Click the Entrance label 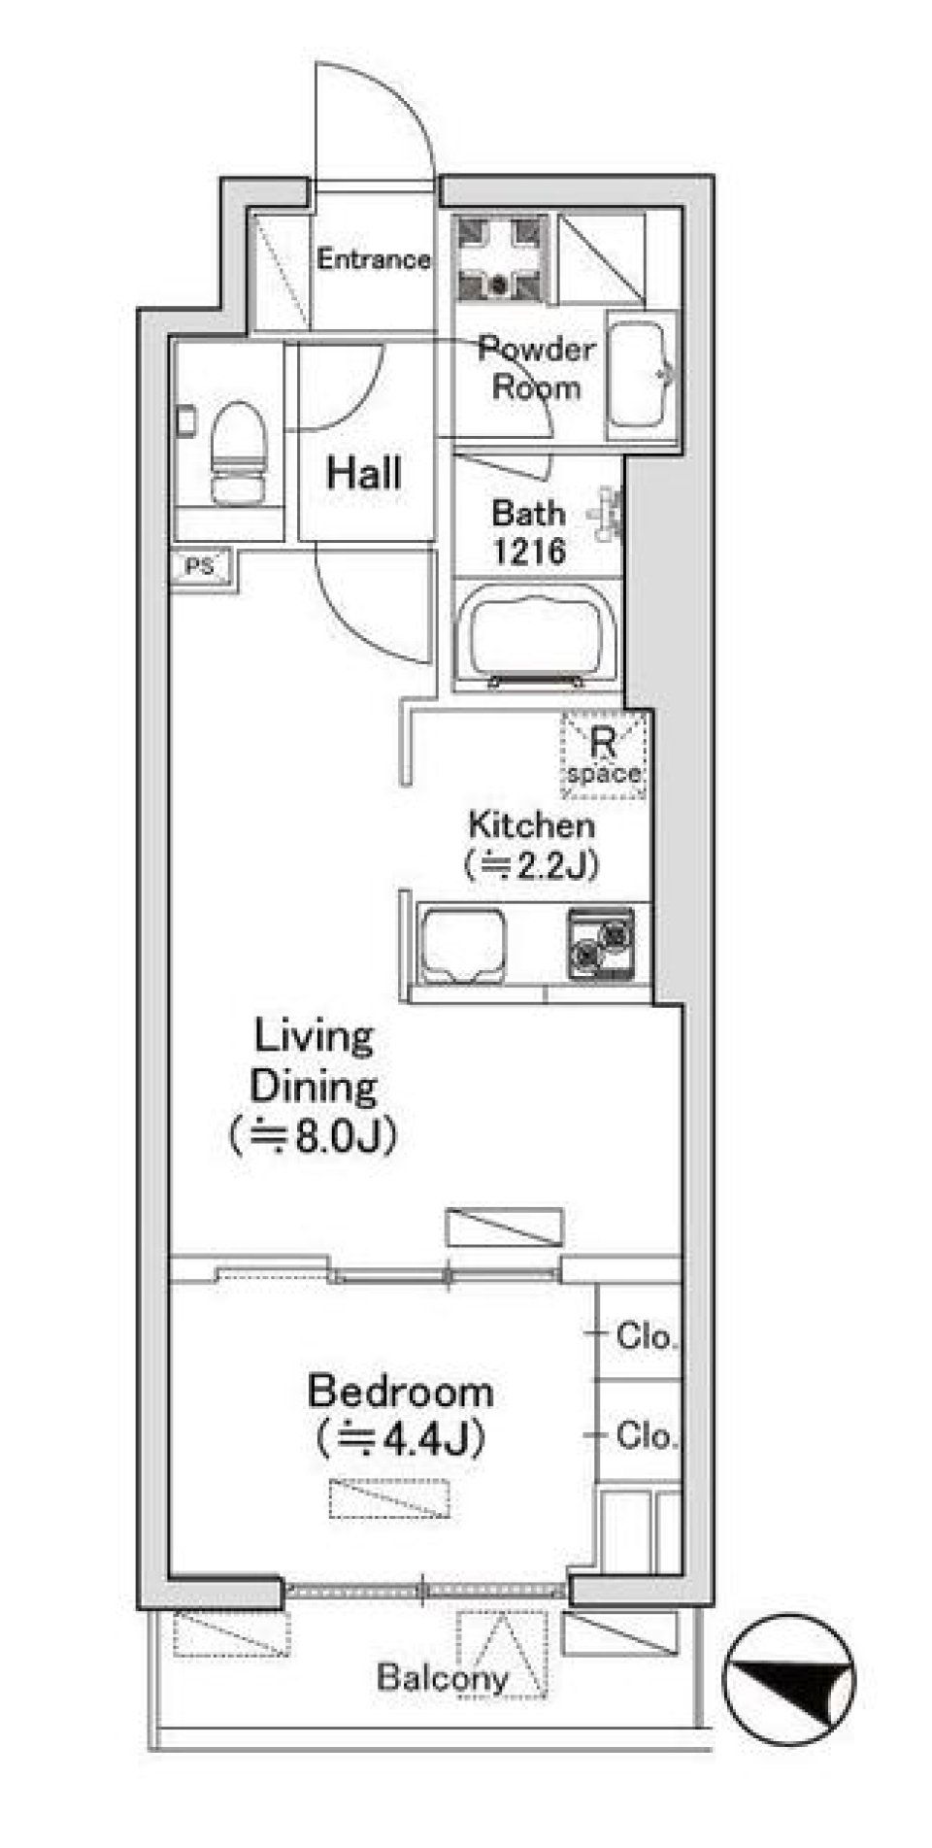tap(373, 259)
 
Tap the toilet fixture tap(238, 454)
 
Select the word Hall tap(364, 473)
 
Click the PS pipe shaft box tap(201, 566)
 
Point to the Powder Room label tap(536, 368)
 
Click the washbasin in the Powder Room tap(641, 374)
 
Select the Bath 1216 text tap(528, 532)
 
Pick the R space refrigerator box tap(604, 756)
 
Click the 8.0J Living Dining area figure tap(314, 1136)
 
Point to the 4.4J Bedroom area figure tap(401, 1439)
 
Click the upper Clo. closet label tap(646, 1337)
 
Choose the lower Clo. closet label tap(646, 1435)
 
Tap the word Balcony tap(442, 1677)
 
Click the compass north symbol tap(788, 1679)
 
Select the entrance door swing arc tap(388, 107)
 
